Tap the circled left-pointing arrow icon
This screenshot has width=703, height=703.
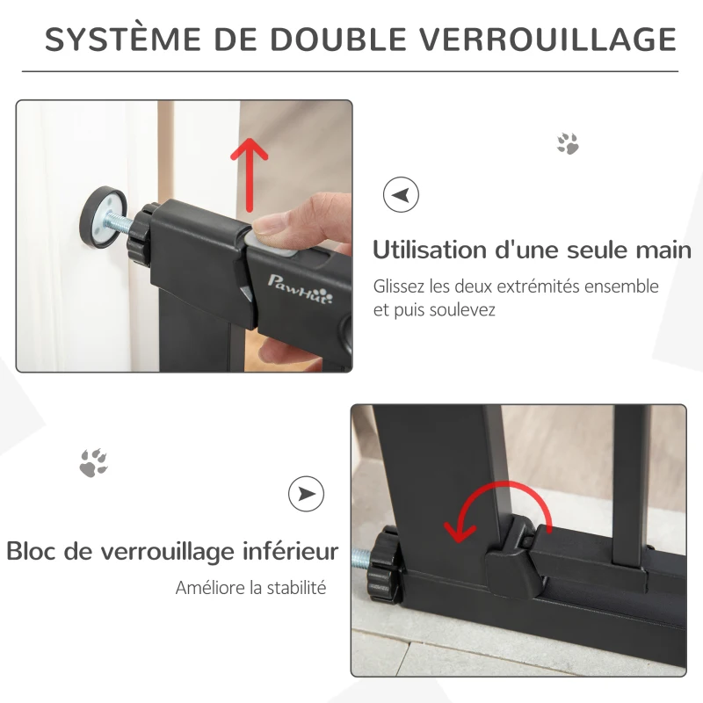coord(401,195)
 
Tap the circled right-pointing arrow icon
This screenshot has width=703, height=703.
coord(306,494)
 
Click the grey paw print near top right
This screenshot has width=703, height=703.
coord(568,144)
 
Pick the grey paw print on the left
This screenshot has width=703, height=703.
coord(93,462)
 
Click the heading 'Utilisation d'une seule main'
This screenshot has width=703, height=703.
coord(532,250)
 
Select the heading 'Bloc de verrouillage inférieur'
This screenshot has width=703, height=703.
coord(172,552)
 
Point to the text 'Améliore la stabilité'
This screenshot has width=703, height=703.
coord(250,587)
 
